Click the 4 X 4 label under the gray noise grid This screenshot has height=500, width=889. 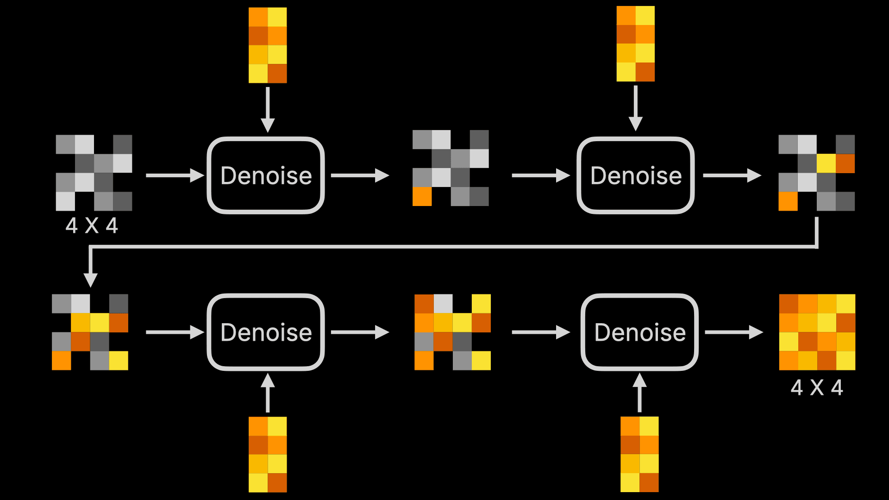(92, 226)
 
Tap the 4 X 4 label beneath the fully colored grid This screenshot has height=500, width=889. (817, 387)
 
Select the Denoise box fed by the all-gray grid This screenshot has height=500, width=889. (266, 175)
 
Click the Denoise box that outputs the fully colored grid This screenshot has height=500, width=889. (639, 332)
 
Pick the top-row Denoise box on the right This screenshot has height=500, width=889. (635, 175)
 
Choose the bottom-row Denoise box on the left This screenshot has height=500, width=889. (266, 332)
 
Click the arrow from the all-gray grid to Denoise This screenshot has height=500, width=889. (175, 175)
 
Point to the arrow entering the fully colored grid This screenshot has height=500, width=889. (733, 332)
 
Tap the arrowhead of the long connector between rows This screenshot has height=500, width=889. (90, 279)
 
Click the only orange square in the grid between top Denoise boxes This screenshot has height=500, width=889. (422, 196)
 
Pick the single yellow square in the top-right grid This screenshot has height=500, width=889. (826, 163)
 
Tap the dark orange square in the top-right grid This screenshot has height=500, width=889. (845, 163)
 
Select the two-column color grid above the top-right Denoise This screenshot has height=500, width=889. (635, 44)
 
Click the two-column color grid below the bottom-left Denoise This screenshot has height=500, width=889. (268, 454)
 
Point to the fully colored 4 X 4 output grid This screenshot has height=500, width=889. (817, 332)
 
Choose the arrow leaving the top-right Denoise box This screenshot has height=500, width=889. (732, 175)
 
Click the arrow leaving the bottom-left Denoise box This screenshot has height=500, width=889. (360, 332)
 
